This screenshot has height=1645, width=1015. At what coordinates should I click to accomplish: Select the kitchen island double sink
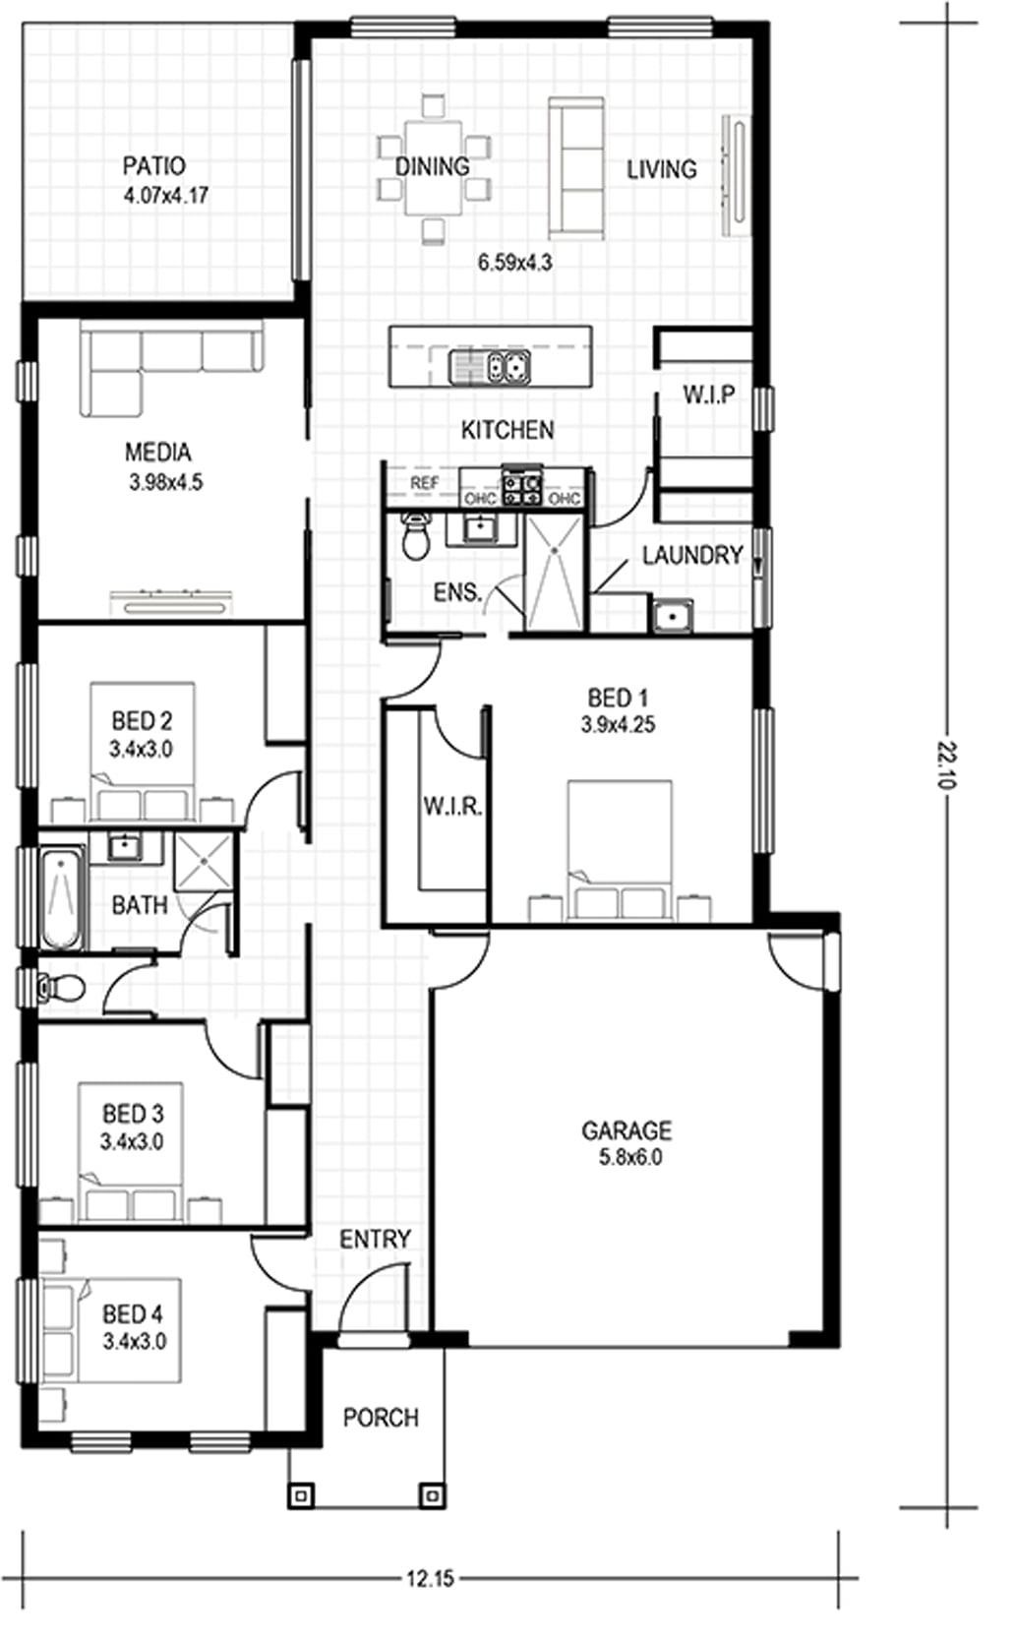[490, 368]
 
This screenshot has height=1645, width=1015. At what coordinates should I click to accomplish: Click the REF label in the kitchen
[424, 483]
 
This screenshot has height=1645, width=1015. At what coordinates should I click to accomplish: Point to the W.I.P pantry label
[708, 395]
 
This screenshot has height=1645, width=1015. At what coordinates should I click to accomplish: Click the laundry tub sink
[671, 617]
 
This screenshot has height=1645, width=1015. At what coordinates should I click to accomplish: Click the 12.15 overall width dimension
[430, 1579]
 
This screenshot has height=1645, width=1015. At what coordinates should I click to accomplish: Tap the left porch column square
[301, 1495]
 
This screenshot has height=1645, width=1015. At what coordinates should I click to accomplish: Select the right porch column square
[431, 1495]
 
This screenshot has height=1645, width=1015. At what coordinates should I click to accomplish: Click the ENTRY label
[375, 1239]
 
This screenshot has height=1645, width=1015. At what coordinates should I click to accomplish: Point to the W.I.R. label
[452, 807]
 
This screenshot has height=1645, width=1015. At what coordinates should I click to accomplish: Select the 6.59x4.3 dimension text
[514, 262]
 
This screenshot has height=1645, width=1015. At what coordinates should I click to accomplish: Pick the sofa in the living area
[575, 167]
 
